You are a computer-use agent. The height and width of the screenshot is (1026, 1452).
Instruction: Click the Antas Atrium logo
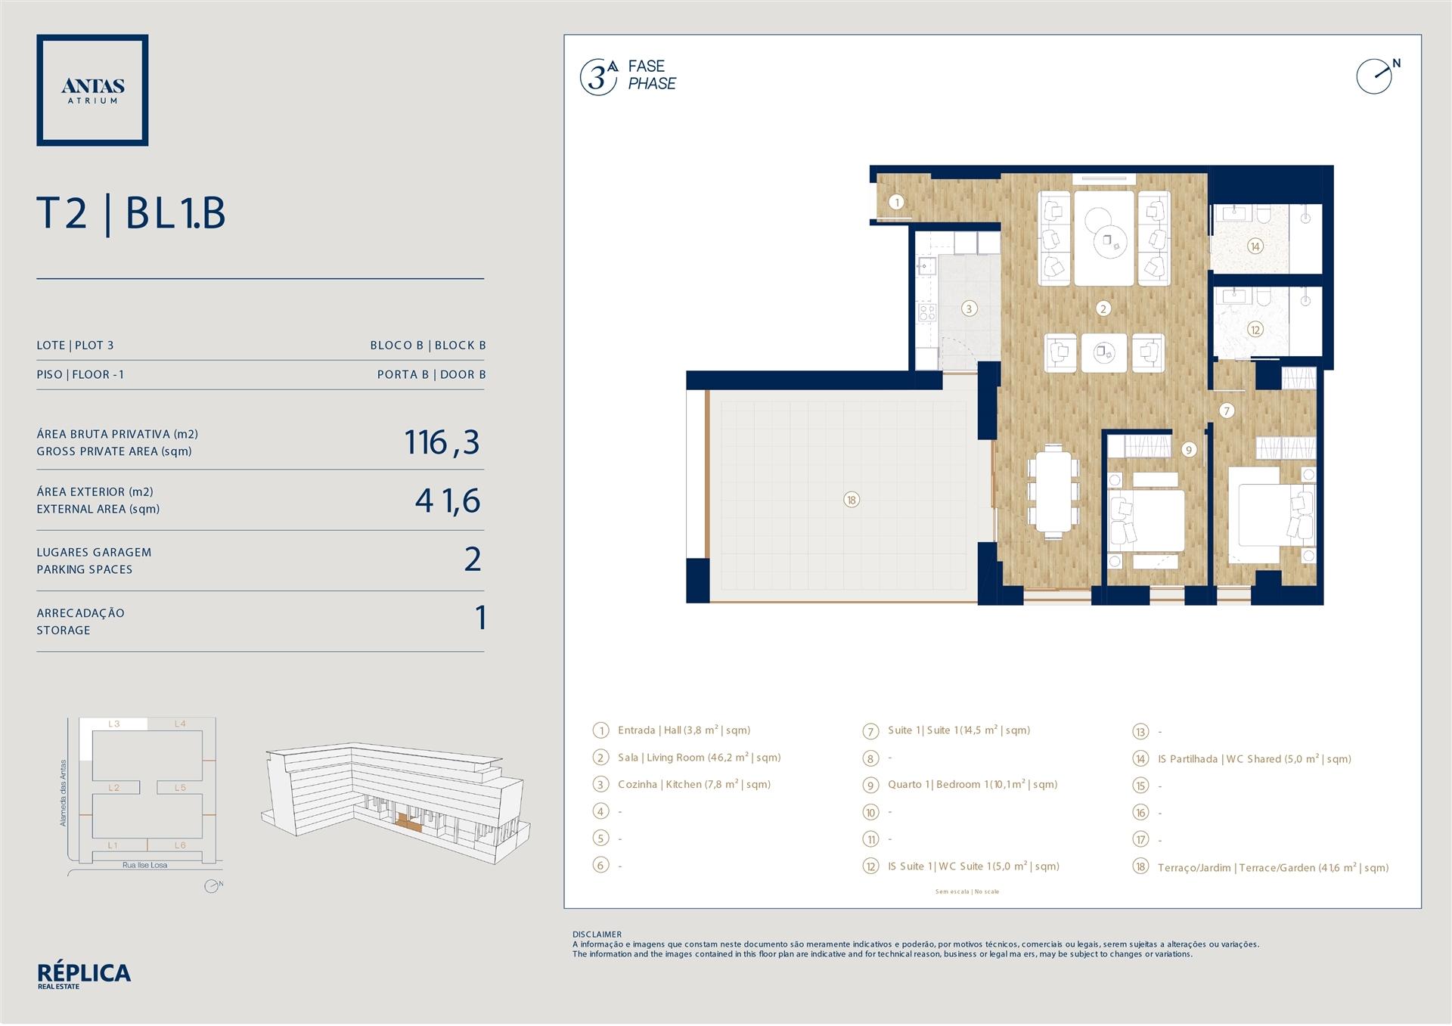coord(92,90)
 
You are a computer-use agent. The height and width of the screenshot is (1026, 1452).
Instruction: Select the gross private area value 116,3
coord(442,443)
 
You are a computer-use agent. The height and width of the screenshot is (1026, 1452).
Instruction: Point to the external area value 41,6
coord(448,501)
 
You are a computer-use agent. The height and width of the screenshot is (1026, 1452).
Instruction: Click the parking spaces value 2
coord(473,559)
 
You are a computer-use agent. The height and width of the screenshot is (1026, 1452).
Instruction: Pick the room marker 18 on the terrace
coord(852,500)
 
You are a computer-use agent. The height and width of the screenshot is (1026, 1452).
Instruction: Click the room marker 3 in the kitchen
coord(969,308)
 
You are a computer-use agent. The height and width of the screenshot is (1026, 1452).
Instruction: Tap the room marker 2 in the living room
coord(1103,308)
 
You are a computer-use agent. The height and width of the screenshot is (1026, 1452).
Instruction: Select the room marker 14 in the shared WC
coord(1255,246)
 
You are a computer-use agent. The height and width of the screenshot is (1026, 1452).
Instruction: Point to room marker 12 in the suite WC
coord(1255,330)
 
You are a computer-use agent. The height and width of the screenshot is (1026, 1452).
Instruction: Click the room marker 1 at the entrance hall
coord(897,202)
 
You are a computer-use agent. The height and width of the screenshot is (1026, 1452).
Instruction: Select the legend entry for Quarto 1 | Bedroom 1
coord(960,785)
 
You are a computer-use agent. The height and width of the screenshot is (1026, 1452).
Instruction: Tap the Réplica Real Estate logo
coord(84,975)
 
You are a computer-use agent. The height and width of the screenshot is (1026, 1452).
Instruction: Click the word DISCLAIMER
coord(597,935)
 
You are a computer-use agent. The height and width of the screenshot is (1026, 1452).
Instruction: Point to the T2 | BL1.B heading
coord(131,213)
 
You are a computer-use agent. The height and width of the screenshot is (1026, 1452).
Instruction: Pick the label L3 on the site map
coord(114,724)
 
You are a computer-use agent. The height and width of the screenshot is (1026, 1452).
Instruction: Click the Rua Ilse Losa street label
coord(145,865)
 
